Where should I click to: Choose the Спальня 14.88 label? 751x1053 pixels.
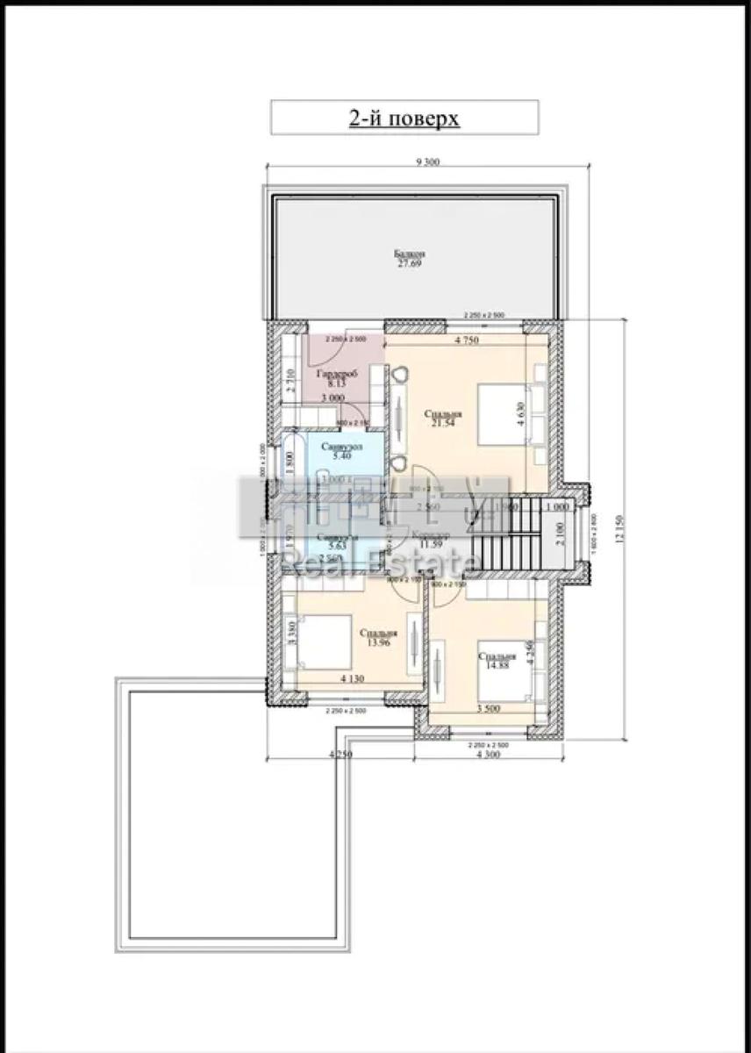point(494,661)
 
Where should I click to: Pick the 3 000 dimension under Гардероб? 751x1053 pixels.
point(331,398)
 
